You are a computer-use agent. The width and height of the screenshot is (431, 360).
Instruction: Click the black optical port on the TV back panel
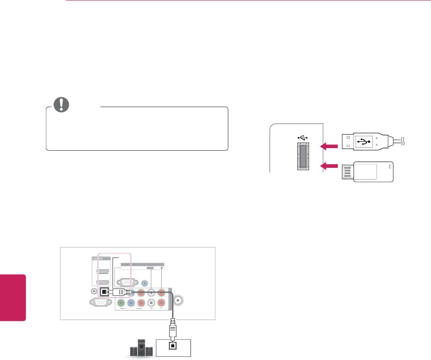click(104, 292)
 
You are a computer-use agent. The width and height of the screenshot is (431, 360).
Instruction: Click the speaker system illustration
click(140, 348)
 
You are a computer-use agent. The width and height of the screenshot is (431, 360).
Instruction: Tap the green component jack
click(121, 303)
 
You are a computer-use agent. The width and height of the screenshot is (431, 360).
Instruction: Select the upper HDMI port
click(103, 272)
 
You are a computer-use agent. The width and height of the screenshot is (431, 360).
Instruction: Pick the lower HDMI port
click(103, 283)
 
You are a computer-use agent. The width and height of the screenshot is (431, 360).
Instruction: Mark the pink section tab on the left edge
click(13, 295)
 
